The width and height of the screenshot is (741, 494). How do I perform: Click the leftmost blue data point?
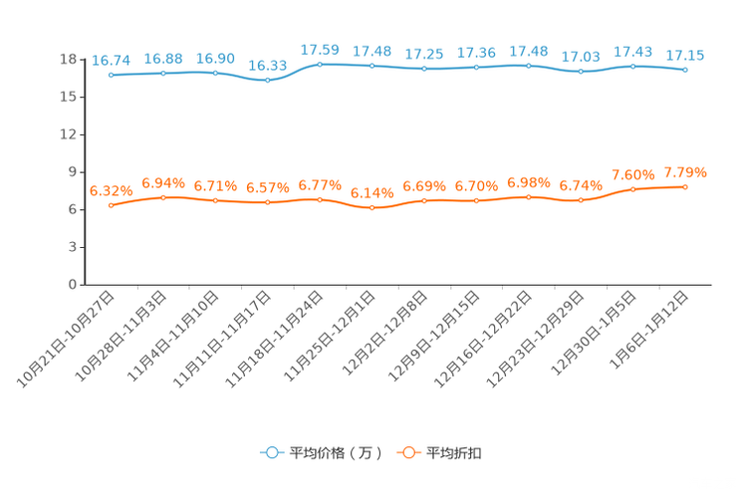111,75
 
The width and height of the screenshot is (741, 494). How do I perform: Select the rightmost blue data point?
685,70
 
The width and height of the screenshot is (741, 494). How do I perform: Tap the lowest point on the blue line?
267,80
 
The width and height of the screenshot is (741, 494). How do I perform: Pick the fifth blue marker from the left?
320,64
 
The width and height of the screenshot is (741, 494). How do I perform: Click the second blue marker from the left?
162,73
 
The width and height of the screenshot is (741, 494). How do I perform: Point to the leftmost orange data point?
111,206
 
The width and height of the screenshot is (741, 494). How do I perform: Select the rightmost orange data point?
685,186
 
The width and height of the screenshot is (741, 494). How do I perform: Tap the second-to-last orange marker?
632,189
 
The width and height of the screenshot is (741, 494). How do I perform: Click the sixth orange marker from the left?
371,208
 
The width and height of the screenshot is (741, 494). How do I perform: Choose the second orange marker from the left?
162,197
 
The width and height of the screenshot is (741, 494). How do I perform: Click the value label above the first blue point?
111,61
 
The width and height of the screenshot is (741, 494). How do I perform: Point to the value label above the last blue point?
685,56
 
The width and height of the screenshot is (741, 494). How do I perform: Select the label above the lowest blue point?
267,65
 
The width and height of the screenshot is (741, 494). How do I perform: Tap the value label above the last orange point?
685,172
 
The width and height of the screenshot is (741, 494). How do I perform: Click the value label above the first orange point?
111,190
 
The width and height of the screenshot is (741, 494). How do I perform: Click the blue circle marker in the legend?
270,452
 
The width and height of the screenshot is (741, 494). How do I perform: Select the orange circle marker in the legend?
406,452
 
